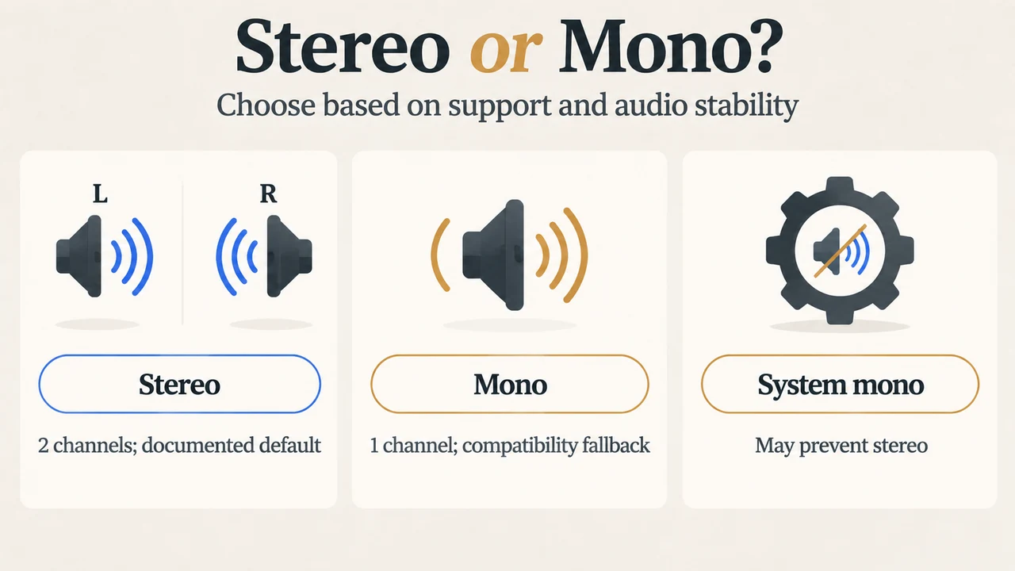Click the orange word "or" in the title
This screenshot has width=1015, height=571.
[x=506, y=50]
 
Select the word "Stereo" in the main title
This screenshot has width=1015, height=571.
[x=343, y=46]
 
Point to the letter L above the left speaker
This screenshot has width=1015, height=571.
[x=100, y=194]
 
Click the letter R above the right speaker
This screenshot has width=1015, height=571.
[x=268, y=194]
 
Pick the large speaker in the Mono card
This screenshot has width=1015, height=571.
[x=493, y=255]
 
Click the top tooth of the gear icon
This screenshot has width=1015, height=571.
[x=840, y=186]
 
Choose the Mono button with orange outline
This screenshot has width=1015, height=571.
[x=510, y=384]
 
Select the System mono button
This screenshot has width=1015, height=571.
[x=840, y=384]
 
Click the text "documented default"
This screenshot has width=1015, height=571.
[x=231, y=445]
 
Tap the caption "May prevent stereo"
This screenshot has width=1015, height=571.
[x=841, y=446]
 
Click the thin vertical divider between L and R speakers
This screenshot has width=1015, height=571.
[x=182, y=254]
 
